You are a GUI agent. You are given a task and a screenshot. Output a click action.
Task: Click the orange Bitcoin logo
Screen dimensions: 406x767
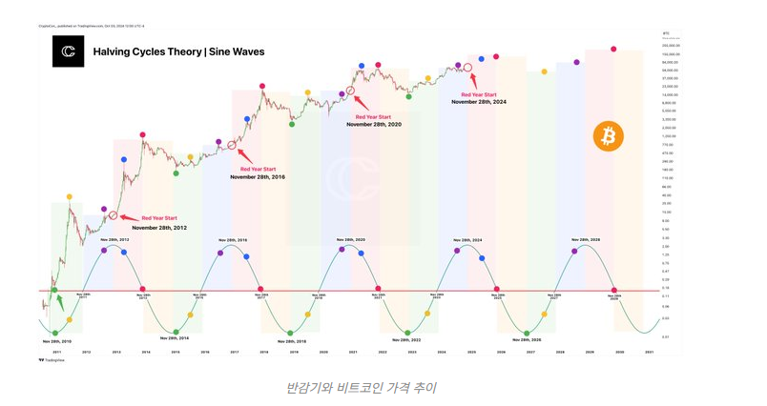click(608, 136)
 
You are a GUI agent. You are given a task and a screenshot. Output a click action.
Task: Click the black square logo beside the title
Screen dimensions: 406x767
click(69, 51)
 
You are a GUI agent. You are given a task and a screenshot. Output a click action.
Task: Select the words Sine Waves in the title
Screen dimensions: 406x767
click(236, 51)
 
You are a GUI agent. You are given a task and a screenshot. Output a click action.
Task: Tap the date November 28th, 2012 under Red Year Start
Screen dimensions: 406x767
click(159, 228)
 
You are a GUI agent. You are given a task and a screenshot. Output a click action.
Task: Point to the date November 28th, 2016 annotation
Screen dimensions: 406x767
click(258, 176)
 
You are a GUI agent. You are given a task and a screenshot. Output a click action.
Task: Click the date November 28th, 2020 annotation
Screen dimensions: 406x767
click(374, 124)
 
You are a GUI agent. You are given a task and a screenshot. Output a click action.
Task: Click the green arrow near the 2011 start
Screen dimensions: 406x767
click(61, 303)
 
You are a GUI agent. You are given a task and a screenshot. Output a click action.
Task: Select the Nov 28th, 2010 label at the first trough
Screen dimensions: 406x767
click(55, 339)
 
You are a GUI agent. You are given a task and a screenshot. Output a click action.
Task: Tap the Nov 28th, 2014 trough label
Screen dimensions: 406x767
click(175, 338)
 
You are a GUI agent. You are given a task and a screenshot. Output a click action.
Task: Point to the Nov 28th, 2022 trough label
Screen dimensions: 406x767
click(409, 340)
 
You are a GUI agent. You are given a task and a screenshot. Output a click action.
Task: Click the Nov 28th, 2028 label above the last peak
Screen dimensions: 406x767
click(586, 239)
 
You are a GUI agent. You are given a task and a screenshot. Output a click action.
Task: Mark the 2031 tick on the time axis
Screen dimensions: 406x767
click(650, 353)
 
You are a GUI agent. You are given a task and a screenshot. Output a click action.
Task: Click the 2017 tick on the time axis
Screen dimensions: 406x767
click(235, 353)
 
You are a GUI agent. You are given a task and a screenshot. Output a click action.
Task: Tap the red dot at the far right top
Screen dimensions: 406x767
click(613, 49)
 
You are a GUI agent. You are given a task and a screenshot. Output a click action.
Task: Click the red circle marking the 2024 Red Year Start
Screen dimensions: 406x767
click(467, 69)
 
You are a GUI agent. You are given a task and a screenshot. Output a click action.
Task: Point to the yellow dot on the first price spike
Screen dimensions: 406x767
click(69, 197)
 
